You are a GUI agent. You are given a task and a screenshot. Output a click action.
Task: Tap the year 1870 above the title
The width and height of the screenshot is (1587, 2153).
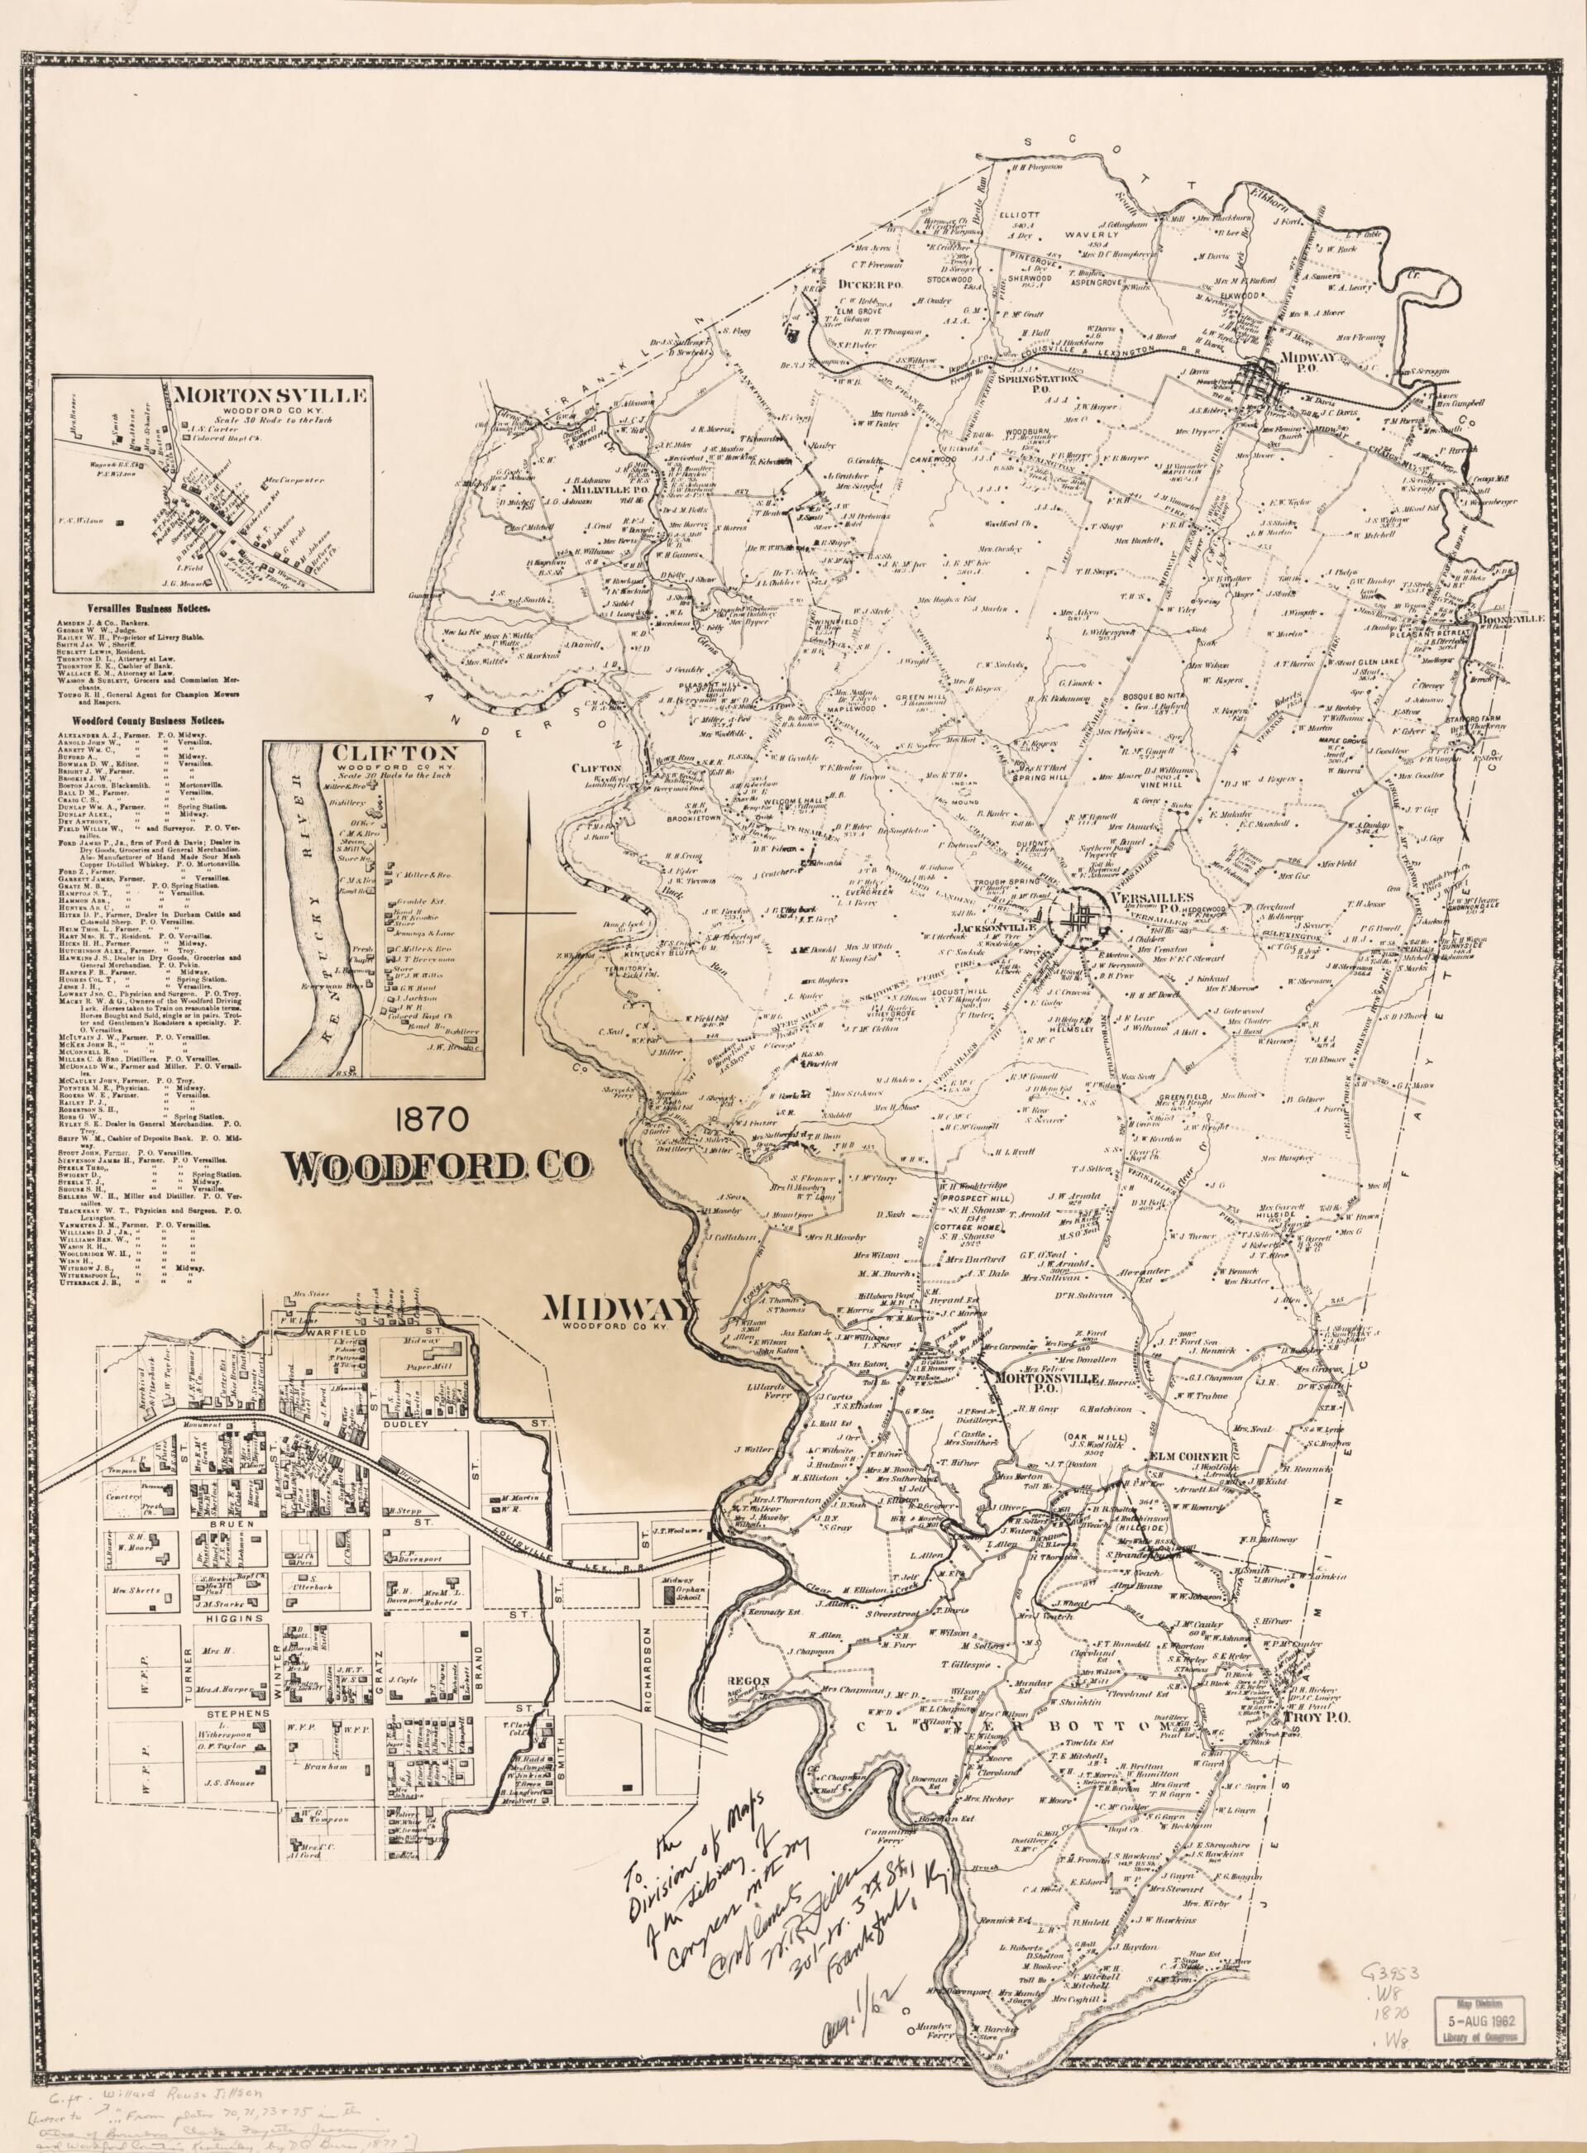[428, 1119]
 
